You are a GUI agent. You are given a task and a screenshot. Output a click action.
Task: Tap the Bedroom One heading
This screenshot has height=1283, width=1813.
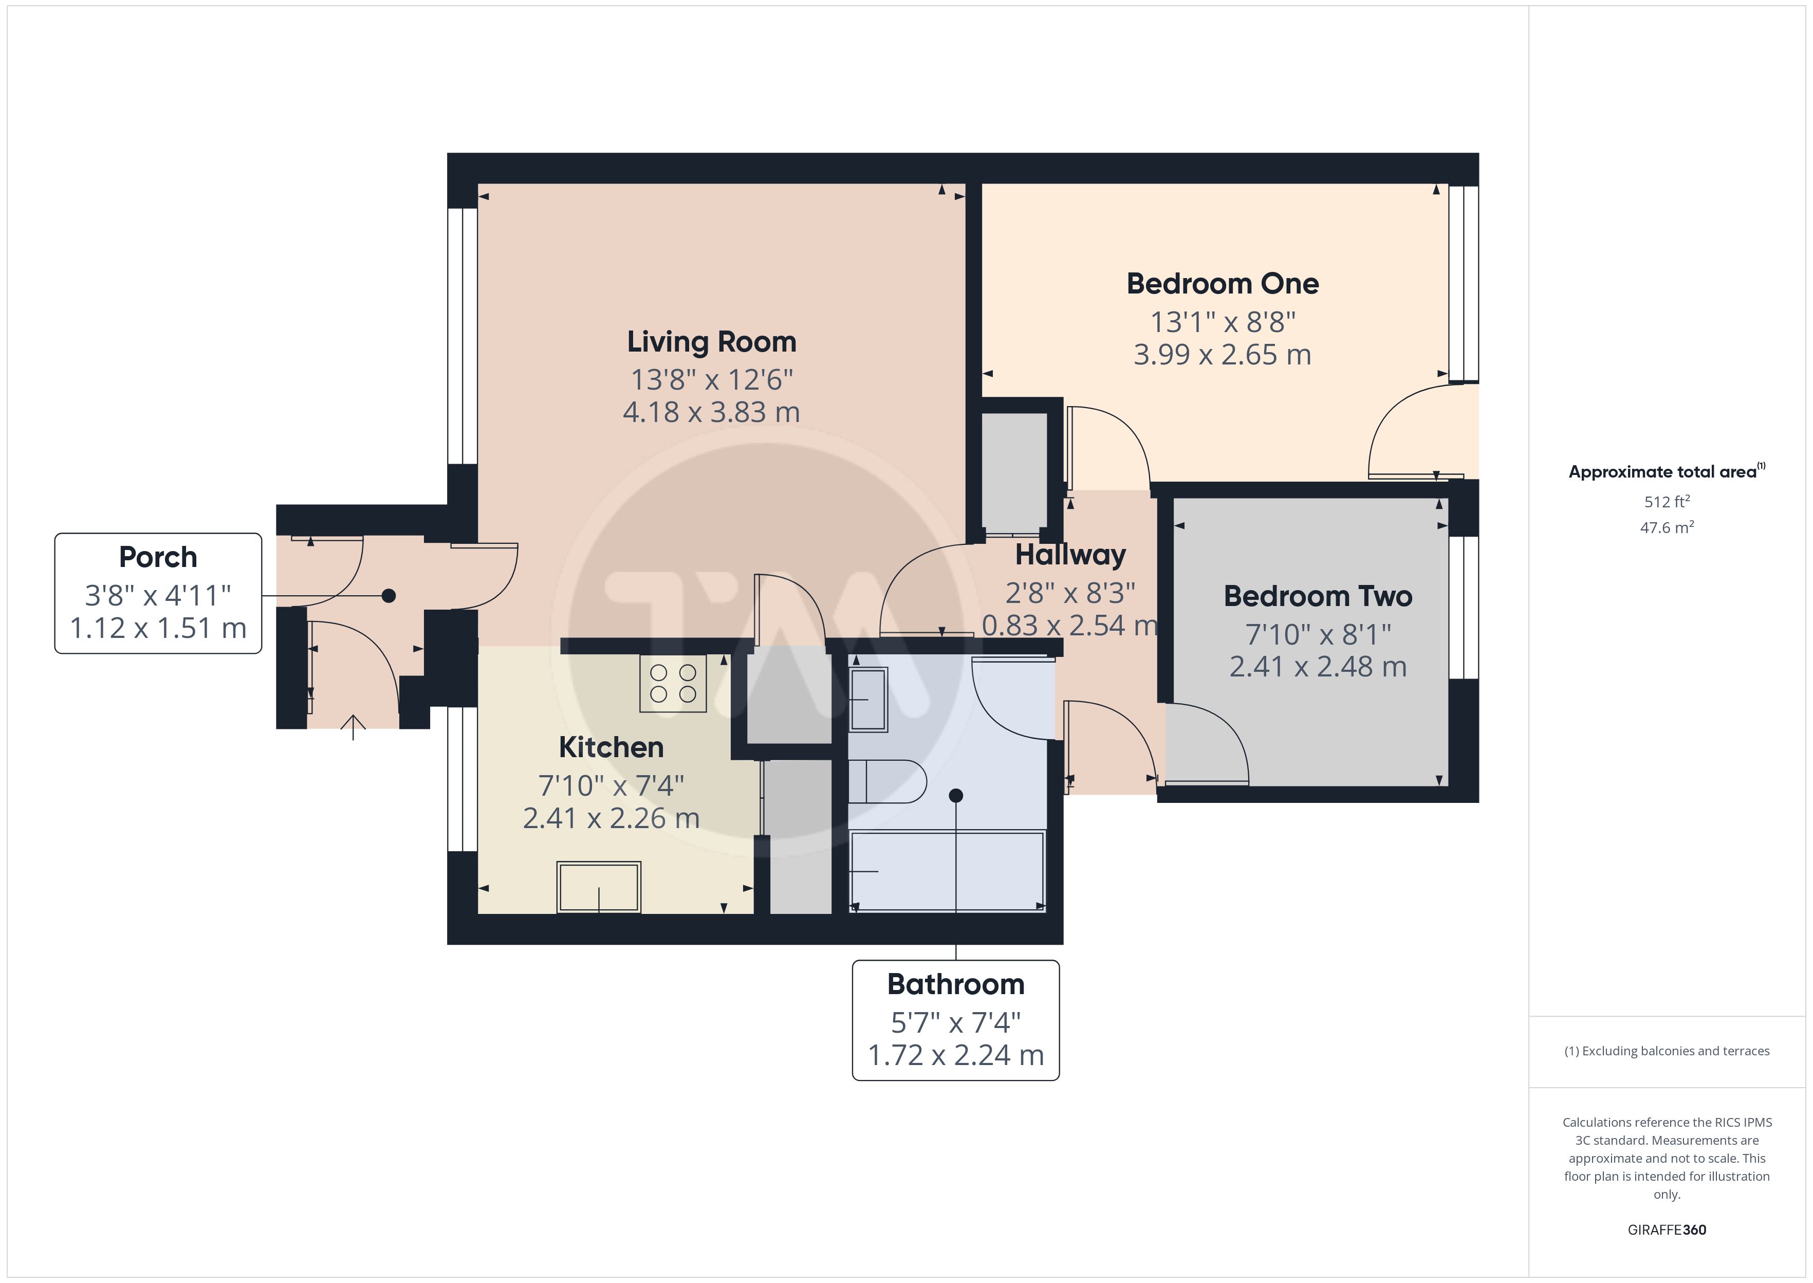(x=1223, y=284)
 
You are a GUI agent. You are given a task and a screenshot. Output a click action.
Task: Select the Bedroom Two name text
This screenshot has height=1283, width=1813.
(x=1318, y=596)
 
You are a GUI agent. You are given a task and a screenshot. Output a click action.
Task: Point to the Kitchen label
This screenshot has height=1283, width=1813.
(x=611, y=747)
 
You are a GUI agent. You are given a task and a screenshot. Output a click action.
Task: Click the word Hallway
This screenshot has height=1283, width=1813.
(x=1071, y=555)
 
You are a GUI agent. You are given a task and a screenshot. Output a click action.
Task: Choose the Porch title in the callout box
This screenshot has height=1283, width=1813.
(x=158, y=558)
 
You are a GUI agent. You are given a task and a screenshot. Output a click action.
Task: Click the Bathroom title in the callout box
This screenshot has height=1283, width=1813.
(x=955, y=984)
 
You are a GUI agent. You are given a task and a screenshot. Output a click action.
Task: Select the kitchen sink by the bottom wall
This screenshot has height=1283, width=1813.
(x=599, y=887)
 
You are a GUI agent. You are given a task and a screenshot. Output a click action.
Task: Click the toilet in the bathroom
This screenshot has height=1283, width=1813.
(x=887, y=781)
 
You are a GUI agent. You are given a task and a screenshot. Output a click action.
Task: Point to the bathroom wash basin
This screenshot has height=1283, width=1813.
(x=868, y=700)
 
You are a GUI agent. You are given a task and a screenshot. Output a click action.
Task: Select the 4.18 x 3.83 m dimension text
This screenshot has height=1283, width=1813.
(x=711, y=412)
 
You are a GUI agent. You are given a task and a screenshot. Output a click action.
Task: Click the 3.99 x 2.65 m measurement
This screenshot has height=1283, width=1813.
(x=1223, y=355)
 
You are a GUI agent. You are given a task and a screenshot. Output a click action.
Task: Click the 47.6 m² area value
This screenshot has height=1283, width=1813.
(x=1667, y=527)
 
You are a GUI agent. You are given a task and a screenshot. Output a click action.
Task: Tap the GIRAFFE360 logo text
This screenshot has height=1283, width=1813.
(x=1667, y=1230)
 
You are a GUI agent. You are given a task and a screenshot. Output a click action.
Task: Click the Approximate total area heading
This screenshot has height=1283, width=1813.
(x=1667, y=472)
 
